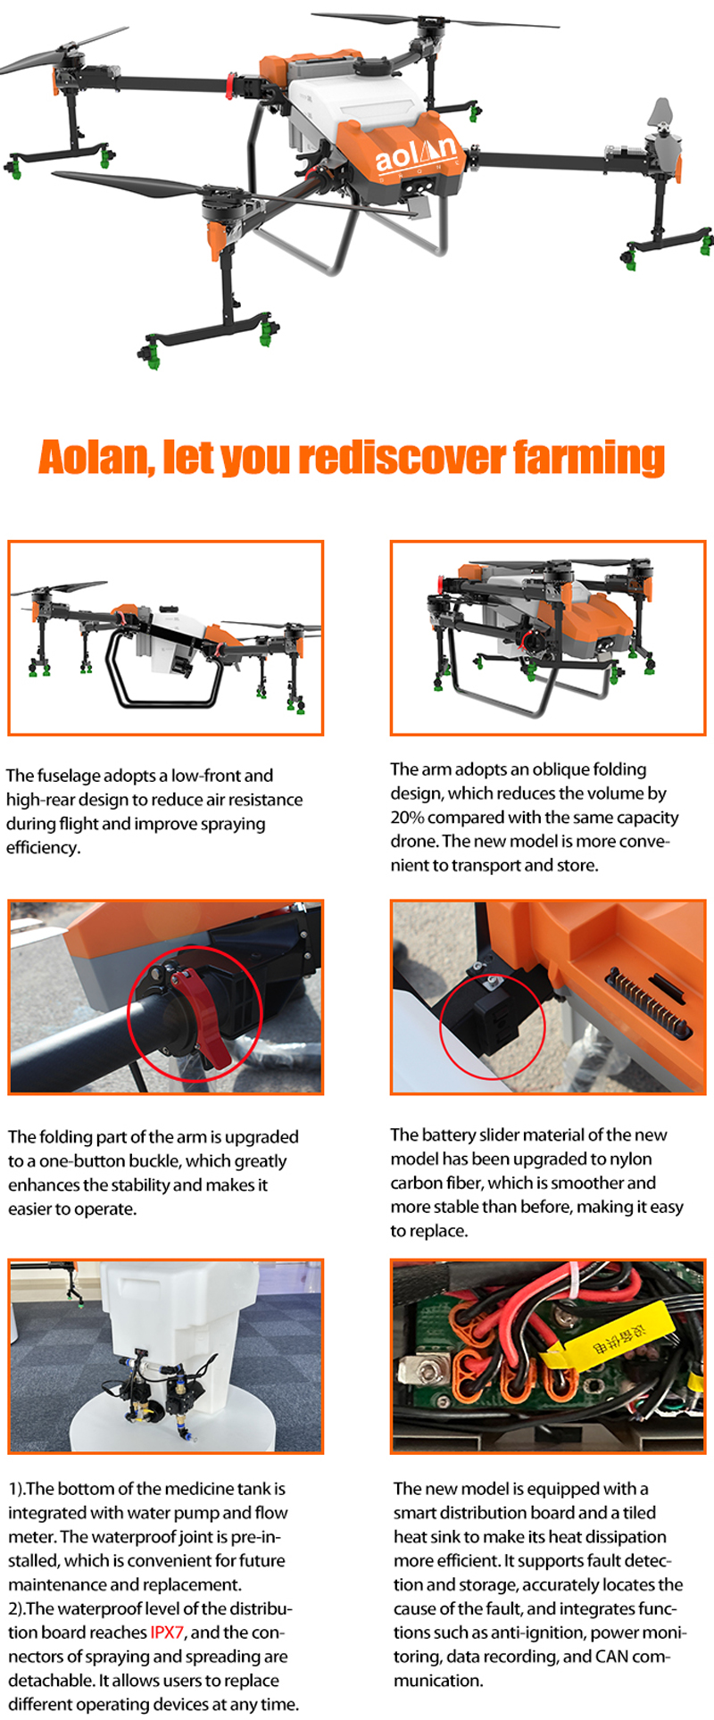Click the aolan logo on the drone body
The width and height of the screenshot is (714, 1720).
[418, 154]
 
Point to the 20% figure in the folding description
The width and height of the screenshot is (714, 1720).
[407, 817]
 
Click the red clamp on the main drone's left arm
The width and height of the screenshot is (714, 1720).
[231, 87]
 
